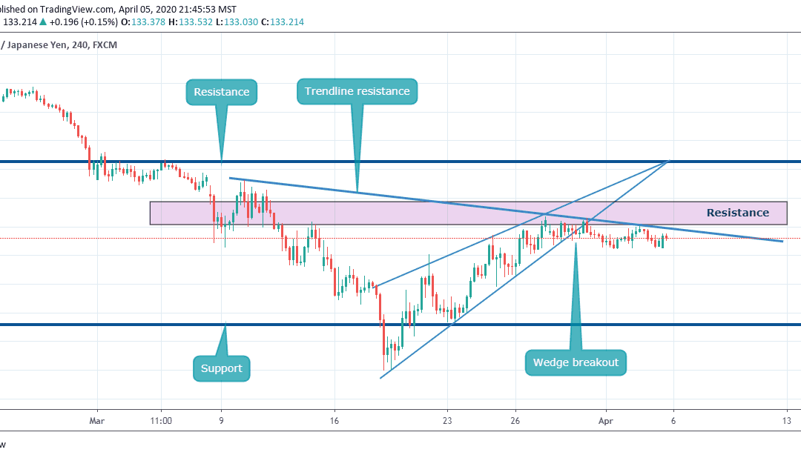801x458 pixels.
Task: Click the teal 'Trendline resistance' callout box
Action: coord(357,91)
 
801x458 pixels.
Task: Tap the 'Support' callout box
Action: coord(221,368)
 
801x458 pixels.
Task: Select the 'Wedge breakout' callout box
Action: coord(576,362)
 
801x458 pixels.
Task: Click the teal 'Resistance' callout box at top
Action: coord(221,92)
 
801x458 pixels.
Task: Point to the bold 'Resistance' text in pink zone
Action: coord(737,213)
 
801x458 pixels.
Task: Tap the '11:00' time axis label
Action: coord(161,419)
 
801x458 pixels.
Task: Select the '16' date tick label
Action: coord(334,419)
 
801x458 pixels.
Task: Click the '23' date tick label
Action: coord(446,419)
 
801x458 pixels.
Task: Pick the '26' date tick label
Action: coord(515,419)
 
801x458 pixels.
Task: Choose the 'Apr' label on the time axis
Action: coord(606,419)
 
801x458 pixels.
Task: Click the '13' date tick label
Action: coord(785,419)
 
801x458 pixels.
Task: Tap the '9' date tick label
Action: coord(222,419)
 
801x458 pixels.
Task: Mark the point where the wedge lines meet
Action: coord(670,161)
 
